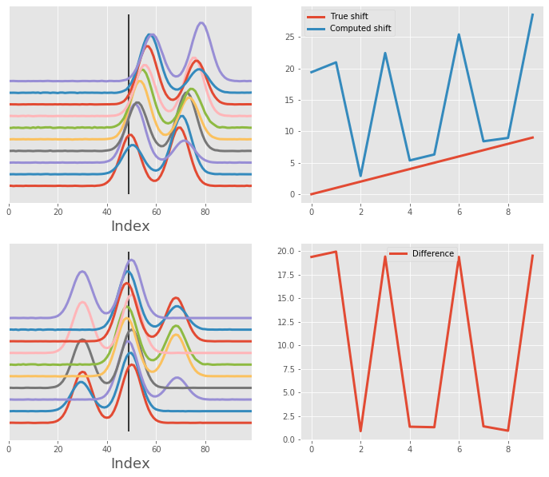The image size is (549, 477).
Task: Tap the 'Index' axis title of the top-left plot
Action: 130,227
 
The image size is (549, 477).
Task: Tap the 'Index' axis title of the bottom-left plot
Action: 130,464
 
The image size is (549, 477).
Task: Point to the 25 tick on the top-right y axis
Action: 292,38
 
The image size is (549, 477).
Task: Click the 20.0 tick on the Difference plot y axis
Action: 287,252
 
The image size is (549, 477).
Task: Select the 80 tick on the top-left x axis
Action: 205,212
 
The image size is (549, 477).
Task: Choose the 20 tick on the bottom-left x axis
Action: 58,449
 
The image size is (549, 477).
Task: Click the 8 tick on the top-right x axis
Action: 508,212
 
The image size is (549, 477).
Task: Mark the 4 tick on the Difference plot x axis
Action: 410,449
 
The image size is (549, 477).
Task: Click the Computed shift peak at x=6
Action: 459,34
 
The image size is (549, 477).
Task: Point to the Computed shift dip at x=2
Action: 360,176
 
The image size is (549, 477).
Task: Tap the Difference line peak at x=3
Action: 385,256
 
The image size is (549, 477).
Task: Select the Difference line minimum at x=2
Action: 360,431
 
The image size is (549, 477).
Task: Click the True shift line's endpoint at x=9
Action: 533,137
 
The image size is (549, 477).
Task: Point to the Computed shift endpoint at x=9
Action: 533,14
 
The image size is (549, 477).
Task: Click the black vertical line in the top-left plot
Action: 129,104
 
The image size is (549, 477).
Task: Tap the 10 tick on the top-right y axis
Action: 292,132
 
